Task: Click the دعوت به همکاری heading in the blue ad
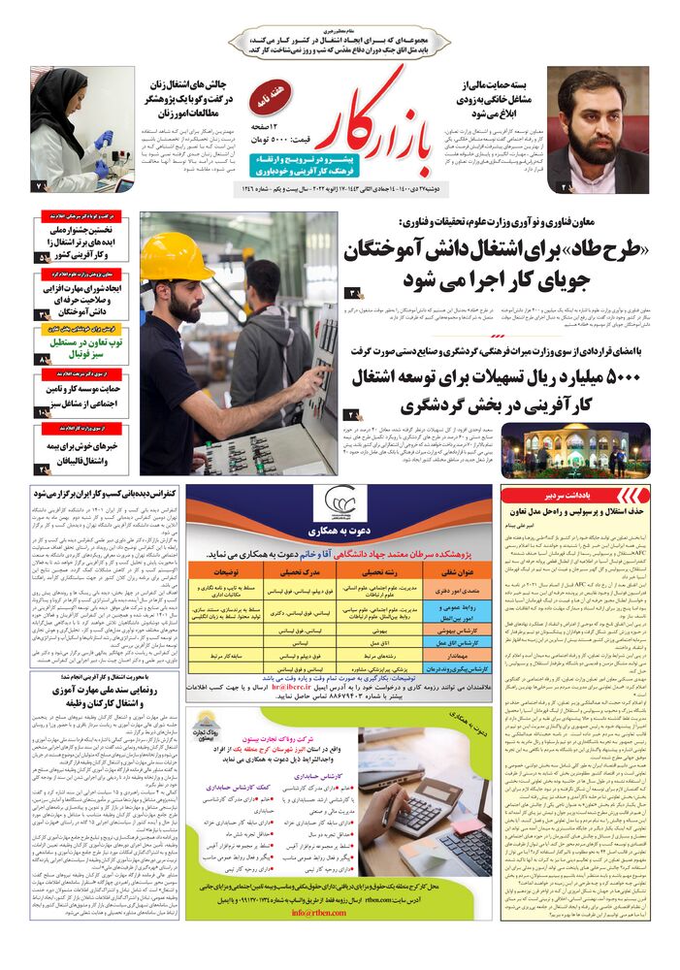coord(340,532)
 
